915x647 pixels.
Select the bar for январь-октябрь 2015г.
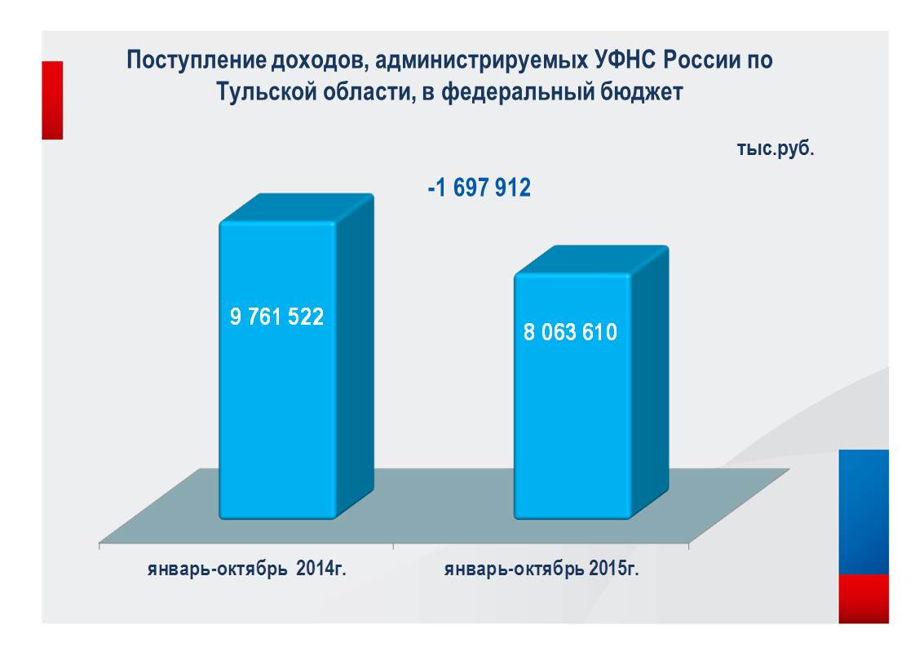[571, 424]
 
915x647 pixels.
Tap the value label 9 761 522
[277, 317]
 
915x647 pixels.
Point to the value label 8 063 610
[570, 332]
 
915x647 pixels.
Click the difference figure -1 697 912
[480, 188]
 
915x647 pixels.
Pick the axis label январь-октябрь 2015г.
[541, 569]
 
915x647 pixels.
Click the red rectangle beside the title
[52, 100]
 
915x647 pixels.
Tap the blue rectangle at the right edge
[864, 512]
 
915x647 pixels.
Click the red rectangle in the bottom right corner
[864, 598]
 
